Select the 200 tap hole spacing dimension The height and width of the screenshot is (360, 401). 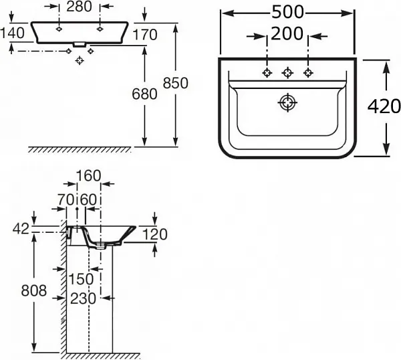coord(287,33)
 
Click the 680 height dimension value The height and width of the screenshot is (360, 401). coord(144,94)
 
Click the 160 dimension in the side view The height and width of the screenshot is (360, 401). coord(88,176)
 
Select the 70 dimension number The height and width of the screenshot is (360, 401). coord(65,199)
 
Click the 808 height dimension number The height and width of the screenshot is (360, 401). coord(33,290)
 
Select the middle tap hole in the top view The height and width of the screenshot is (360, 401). coord(288,72)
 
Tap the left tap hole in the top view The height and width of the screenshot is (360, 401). coord(267,72)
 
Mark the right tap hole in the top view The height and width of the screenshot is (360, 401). coord(308,72)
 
